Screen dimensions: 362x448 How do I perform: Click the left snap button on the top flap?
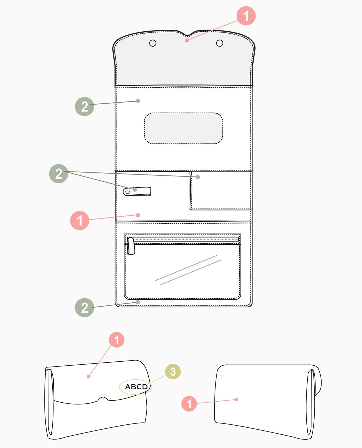pos(153,43)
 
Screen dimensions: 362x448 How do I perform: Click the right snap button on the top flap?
pos(220,43)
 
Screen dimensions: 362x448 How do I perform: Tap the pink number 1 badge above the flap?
pos(246,16)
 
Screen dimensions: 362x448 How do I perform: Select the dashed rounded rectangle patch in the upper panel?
pos(184,128)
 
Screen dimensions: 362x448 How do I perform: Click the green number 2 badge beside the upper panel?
pos(85,106)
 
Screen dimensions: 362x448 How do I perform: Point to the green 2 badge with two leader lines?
pos(59,174)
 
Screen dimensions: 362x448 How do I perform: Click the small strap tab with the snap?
pos(137,191)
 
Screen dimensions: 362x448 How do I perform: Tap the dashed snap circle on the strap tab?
pos(127,192)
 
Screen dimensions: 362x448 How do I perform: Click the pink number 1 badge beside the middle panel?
pos(80,220)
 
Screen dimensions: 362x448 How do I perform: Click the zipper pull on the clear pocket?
pos(131,246)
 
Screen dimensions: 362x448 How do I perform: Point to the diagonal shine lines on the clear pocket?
pos(188,270)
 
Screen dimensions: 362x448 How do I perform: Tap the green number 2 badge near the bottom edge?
pos(85,308)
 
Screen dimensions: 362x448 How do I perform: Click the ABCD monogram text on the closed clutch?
pos(136,387)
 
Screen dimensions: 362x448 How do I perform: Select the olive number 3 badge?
pos(173,372)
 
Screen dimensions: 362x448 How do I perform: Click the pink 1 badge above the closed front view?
pos(117,340)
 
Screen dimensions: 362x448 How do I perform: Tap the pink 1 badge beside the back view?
pos(189,404)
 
